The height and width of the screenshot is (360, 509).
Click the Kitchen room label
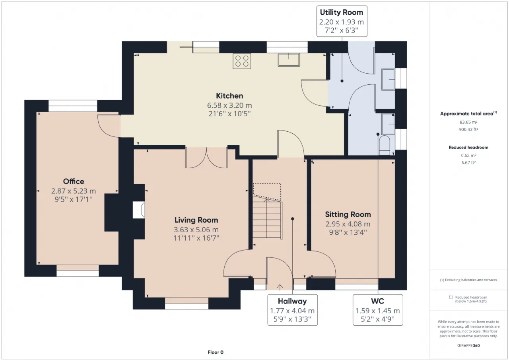(229, 96)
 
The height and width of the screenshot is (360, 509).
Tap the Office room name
(74, 181)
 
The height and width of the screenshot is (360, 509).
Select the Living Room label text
(196, 220)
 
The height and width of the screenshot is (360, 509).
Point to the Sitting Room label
(348, 214)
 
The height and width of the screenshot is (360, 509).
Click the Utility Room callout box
(342, 21)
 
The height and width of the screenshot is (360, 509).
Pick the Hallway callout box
(292, 310)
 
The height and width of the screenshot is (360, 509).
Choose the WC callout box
(378, 310)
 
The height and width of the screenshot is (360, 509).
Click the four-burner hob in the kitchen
(242, 61)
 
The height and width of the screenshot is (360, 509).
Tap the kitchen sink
(289, 60)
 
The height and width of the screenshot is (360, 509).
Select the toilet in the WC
(384, 146)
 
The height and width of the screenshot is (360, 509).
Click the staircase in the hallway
(268, 219)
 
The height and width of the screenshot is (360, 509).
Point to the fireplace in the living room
(139, 210)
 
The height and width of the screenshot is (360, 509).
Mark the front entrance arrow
(280, 288)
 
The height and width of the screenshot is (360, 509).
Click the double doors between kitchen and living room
(206, 158)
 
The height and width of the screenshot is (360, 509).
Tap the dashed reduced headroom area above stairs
(267, 192)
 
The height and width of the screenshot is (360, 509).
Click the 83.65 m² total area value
(468, 122)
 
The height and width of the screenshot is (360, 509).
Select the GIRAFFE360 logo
(468, 346)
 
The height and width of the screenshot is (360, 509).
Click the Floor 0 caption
(216, 352)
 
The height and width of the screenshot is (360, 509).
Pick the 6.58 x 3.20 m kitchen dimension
(229, 105)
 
